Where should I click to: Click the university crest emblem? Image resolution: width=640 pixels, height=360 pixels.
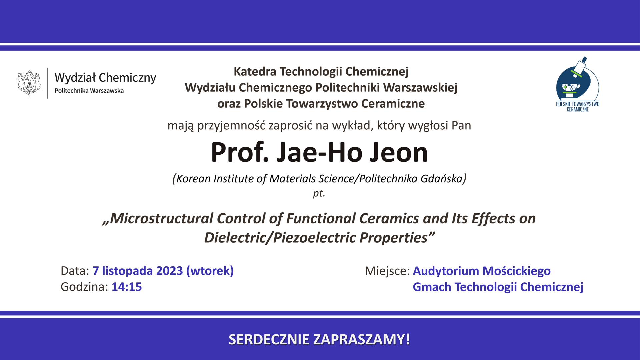tap(29, 83)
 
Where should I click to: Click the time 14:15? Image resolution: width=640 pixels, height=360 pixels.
tap(127, 287)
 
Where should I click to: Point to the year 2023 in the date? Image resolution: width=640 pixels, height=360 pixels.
tap(170, 271)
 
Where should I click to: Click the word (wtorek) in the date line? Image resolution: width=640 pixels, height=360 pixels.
tap(210, 271)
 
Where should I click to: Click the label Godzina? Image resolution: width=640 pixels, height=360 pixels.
tap(84, 287)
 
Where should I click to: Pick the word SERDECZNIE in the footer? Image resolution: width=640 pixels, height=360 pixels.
tap(269, 339)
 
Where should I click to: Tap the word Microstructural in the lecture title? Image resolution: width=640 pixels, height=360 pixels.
tap(161, 218)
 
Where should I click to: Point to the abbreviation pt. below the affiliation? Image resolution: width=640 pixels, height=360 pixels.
tap(319, 193)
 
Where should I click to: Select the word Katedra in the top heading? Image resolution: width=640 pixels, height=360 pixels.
tap(255, 71)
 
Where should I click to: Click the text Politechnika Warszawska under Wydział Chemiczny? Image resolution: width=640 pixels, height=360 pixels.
tap(89, 91)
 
